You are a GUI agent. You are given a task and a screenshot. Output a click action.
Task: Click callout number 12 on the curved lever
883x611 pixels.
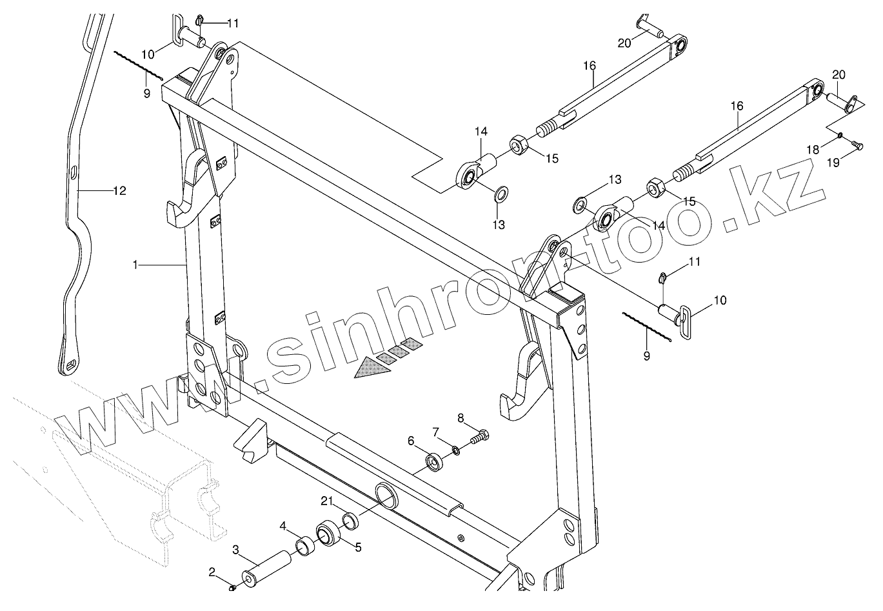[119, 191]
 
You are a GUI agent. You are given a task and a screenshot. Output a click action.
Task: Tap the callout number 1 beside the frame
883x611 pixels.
[135, 265]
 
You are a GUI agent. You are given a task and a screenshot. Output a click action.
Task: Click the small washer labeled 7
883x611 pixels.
[455, 450]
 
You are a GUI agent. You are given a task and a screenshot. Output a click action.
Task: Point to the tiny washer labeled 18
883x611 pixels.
[840, 135]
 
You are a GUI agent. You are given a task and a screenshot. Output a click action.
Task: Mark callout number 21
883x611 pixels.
[327, 501]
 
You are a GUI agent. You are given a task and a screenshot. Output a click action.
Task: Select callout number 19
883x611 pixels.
[833, 163]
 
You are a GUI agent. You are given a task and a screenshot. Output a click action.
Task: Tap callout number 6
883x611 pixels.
[411, 441]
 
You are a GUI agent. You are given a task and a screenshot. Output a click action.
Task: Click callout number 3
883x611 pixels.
[236, 550]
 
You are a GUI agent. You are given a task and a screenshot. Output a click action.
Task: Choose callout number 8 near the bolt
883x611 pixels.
[460, 417]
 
